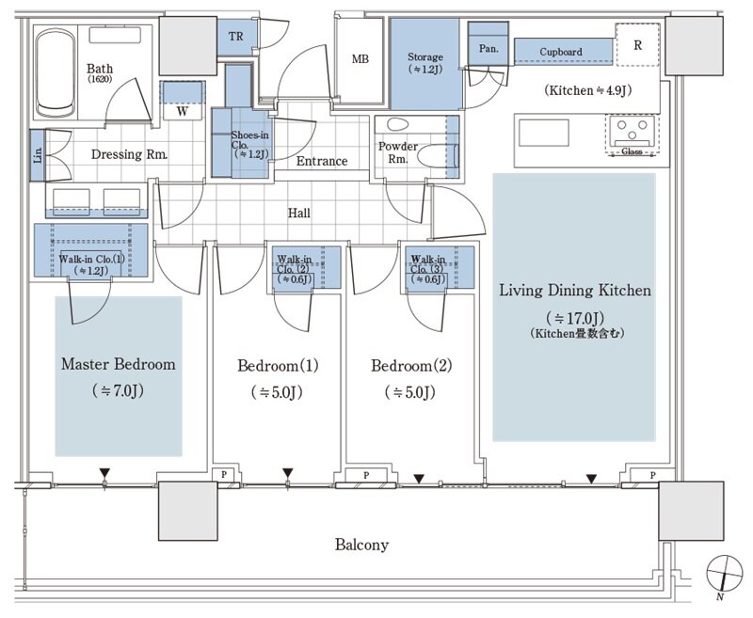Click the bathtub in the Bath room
[x=56, y=73]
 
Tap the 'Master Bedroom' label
[x=119, y=364]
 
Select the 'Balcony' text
[x=361, y=545]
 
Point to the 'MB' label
[x=360, y=59]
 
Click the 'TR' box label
[x=236, y=36]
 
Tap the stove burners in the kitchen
[x=632, y=130]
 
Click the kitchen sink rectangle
[x=544, y=133]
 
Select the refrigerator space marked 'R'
[x=638, y=44]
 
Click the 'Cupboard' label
[x=561, y=52]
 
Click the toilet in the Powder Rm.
[x=397, y=125]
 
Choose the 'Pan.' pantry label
[x=489, y=49]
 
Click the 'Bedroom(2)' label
[x=411, y=366]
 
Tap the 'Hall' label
[x=298, y=213]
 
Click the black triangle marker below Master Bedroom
[x=104, y=472]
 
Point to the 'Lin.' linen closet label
[x=38, y=155]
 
